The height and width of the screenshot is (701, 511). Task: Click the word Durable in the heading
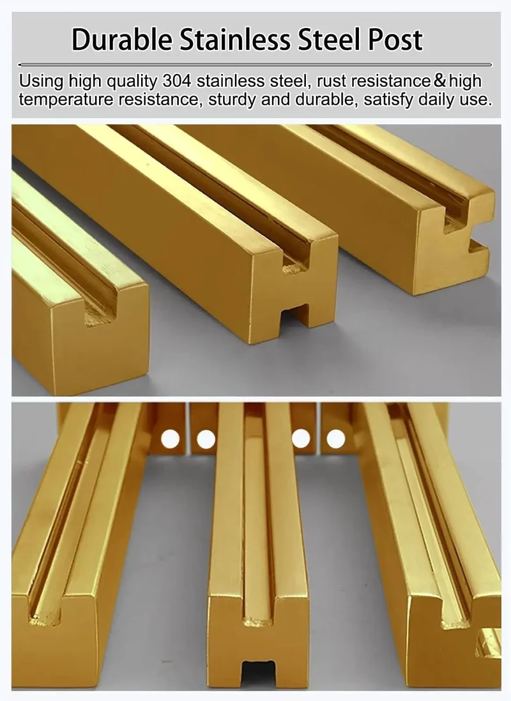click(122, 40)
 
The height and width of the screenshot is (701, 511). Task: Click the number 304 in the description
click(177, 81)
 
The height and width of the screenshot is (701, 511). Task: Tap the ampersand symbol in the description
click(440, 81)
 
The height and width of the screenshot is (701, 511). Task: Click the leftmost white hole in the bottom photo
click(170, 439)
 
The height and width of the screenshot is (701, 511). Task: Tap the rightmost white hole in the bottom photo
click(336, 439)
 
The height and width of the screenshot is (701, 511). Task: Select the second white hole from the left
click(206, 439)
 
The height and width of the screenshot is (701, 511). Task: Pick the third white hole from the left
click(301, 439)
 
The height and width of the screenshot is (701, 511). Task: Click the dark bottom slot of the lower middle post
click(258, 673)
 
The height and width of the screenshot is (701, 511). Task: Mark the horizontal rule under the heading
click(255, 65)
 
